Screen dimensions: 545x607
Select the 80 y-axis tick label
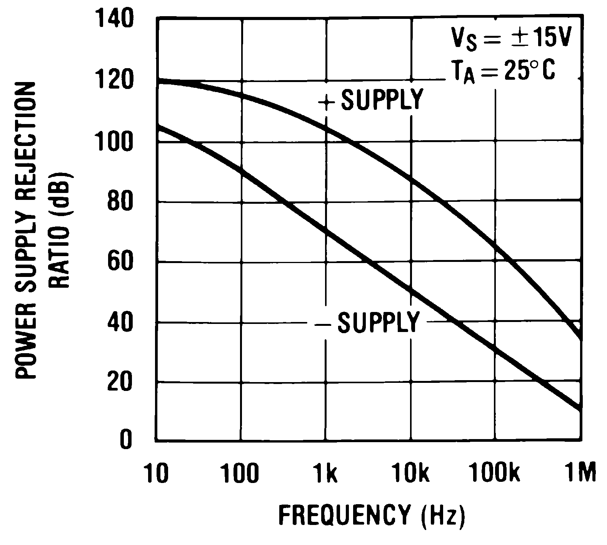[x=120, y=201]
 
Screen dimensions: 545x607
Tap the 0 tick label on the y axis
[x=125, y=440]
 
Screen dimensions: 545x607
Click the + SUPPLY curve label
[x=371, y=100]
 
